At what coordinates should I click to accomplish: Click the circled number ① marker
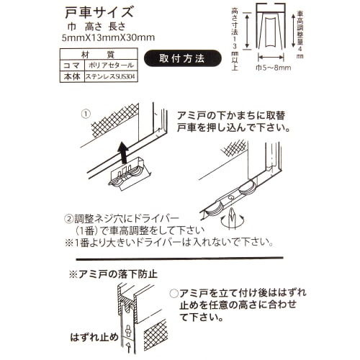pos(86,114)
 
